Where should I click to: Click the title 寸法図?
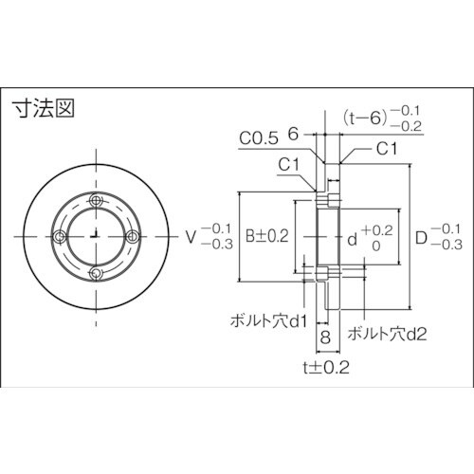pos(44,108)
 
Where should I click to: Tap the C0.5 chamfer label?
pos(258,138)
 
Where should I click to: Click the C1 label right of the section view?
pos(387,149)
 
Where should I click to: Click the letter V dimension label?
pos(191,236)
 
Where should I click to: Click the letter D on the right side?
pos(423,236)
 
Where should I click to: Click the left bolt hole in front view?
pos(60,236)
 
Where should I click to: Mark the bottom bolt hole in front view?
pos(96,273)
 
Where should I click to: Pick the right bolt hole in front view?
pos(133,236)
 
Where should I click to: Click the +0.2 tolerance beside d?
pos(376,230)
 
